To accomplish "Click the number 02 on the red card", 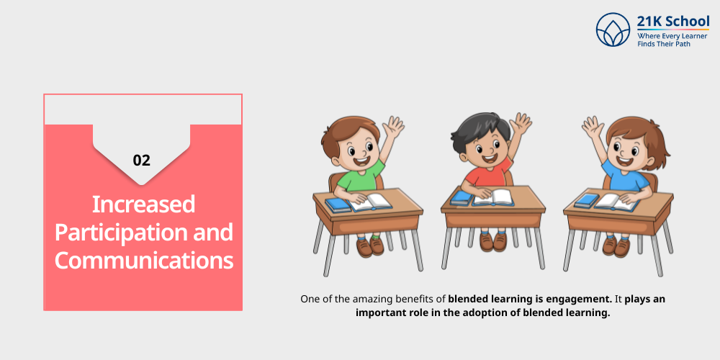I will point(142,160).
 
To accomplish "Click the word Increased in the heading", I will point(144,204).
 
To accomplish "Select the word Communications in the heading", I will point(144,260).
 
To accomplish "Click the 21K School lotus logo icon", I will point(613,30).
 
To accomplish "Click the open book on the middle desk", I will point(492,197).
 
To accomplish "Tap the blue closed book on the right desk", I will point(586,200).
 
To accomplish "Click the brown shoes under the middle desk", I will point(493,241).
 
